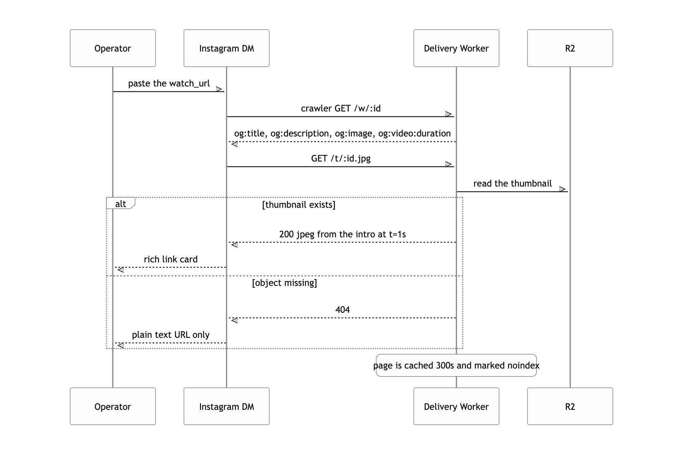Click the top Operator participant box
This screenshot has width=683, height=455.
(x=113, y=48)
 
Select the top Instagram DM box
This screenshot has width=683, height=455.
(x=227, y=48)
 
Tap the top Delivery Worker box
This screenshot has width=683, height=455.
(x=456, y=48)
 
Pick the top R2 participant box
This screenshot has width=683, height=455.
(x=570, y=48)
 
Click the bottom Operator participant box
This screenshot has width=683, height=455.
(x=113, y=406)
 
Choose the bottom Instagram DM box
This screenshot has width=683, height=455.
(x=227, y=406)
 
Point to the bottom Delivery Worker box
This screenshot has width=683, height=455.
(x=456, y=406)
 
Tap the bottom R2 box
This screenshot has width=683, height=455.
(x=570, y=406)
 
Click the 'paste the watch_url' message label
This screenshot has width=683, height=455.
(x=169, y=83)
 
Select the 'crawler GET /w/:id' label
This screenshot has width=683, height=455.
(x=341, y=108)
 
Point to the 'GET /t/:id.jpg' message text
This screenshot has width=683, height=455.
(x=341, y=158)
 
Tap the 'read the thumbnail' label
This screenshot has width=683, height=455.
(x=513, y=184)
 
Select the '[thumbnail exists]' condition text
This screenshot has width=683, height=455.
(x=299, y=205)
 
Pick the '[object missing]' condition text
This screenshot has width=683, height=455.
(x=285, y=283)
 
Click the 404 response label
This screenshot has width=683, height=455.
(x=342, y=310)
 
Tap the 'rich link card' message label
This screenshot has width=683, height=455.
(x=171, y=259)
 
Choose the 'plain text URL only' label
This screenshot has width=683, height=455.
(x=171, y=335)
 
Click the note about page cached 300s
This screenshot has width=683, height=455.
(x=456, y=365)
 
